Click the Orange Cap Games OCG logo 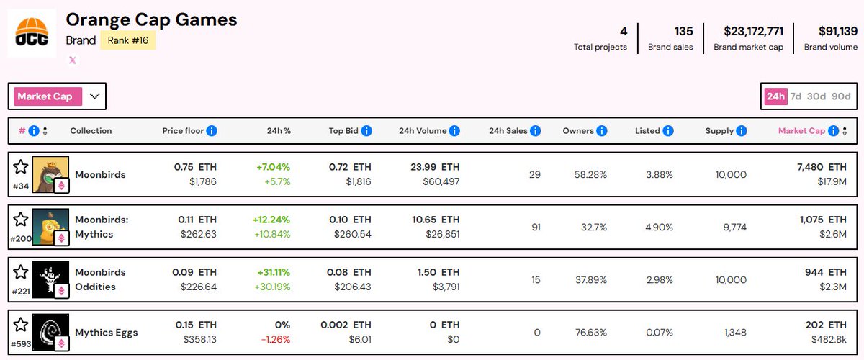[x=32, y=33]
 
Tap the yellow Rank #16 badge [x=127, y=40]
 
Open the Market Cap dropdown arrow [x=94, y=96]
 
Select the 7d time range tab [x=796, y=96]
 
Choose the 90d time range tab [x=840, y=96]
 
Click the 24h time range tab [x=775, y=96]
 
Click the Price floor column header [x=184, y=131]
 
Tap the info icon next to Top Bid [x=366, y=131]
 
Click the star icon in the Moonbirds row [x=21, y=167]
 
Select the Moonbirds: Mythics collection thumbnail [x=50, y=228]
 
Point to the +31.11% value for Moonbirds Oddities [x=273, y=272]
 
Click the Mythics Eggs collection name [x=107, y=333]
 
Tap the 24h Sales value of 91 [x=534, y=227]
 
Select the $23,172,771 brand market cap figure [x=754, y=31]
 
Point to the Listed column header [x=647, y=131]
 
